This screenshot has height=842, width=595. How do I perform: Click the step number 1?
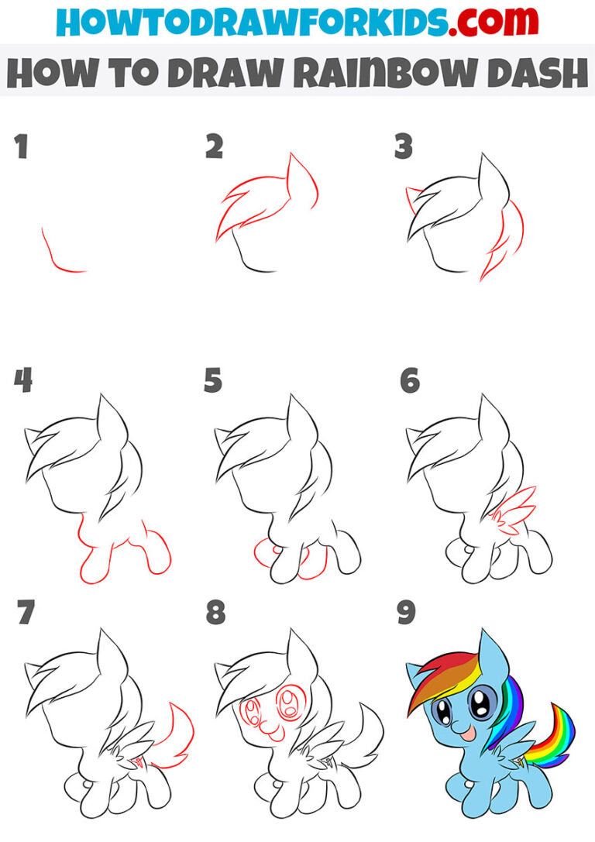pyautogui.click(x=22, y=147)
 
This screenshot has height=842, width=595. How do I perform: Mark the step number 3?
pyautogui.click(x=403, y=147)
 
